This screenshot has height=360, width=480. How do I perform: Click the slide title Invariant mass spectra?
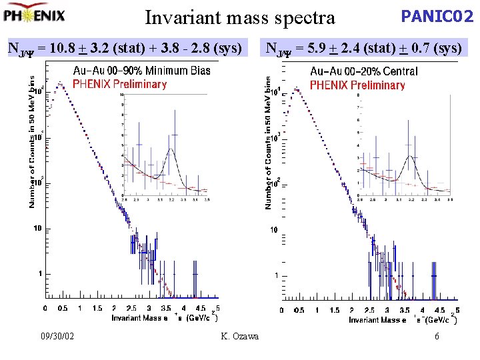(x=239, y=18)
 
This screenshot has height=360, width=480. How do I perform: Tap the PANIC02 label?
(x=437, y=16)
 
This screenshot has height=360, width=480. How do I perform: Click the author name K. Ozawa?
(x=239, y=336)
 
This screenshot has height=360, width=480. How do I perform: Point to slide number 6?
(x=437, y=336)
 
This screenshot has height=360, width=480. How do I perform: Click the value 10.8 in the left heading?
(x=64, y=47)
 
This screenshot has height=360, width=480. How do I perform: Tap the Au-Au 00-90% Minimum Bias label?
(x=141, y=70)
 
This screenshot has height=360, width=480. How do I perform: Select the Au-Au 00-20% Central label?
(x=364, y=71)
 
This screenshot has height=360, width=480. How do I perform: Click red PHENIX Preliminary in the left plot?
(x=119, y=84)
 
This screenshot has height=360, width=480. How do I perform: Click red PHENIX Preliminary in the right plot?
(x=357, y=85)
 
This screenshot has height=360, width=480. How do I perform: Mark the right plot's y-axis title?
(x=269, y=142)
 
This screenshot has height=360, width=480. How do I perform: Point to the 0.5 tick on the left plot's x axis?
(x=63, y=309)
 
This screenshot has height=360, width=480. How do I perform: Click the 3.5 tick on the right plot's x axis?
(x=405, y=310)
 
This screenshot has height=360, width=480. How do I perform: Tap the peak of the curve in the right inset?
(x=407, y=159)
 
